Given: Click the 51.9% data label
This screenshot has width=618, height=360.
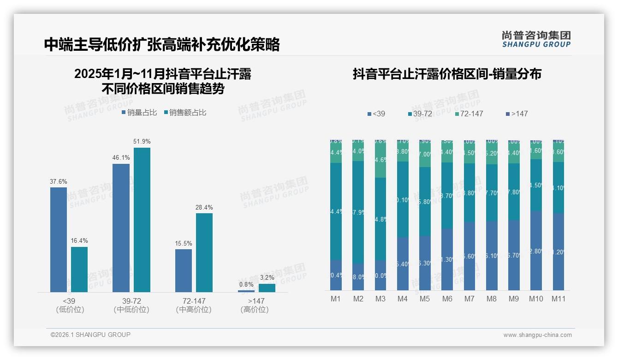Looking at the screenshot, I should click(142, 141).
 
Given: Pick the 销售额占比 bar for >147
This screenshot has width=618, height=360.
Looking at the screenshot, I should click(267, 288).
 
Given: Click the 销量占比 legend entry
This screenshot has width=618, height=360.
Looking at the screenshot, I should click(139, 113).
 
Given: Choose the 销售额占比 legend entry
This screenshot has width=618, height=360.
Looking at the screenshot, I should click(185, 113).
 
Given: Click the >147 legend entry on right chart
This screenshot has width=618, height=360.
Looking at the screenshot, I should click(516, 114).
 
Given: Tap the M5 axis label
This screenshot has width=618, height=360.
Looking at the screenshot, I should click(425, 299).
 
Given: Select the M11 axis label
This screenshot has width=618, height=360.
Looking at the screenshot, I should click(559, 299).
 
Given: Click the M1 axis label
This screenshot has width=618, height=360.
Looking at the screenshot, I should click(336, 299).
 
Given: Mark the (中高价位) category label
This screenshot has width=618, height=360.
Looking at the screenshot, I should click(194, 310).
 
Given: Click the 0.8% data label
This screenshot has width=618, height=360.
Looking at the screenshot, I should click(246, 285).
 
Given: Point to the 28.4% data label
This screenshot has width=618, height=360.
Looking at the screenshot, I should click(204, 208).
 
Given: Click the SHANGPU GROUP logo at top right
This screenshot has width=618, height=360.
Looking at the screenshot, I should click(536, 39).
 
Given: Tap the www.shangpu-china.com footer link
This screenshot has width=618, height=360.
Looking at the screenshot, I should click(537, 335).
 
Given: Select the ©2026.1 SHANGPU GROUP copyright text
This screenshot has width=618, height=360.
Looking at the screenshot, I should click(90, 335).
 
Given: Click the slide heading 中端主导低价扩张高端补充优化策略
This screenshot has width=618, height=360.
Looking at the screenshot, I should click(162, 45).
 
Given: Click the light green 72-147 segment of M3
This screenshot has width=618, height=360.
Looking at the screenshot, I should click(380, 162).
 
